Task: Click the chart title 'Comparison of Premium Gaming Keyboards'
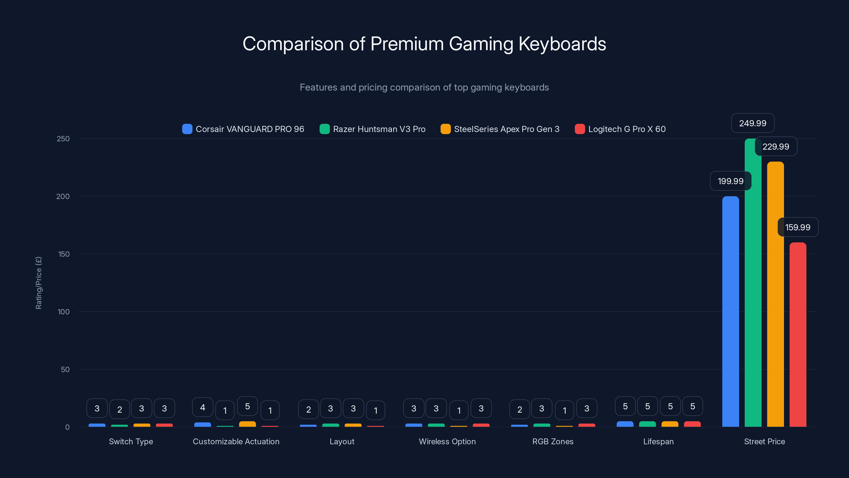click(x=424, y=44)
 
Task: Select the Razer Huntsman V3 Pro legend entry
click(x=372, y=129)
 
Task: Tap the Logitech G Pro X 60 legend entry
click(x=620, y=129)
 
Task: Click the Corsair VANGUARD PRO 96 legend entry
click(x=243, y=129)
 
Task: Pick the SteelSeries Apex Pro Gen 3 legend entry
click(x=500, y=129)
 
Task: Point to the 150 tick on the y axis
click(x=64, y=254)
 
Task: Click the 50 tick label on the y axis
click(x=65, y=369)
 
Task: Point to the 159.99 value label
click(x=798, y=227)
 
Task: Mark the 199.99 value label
click(x=730, y=181)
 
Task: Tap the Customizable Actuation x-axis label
click(x=236, y=441)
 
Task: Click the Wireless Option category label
click(x=447, y=441)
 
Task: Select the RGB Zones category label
click(x=553, y=441)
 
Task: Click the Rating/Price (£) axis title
click(x=38, y=283)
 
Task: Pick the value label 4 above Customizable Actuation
click(x=202, y=407)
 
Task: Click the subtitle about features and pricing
click(x=424, y=87)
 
